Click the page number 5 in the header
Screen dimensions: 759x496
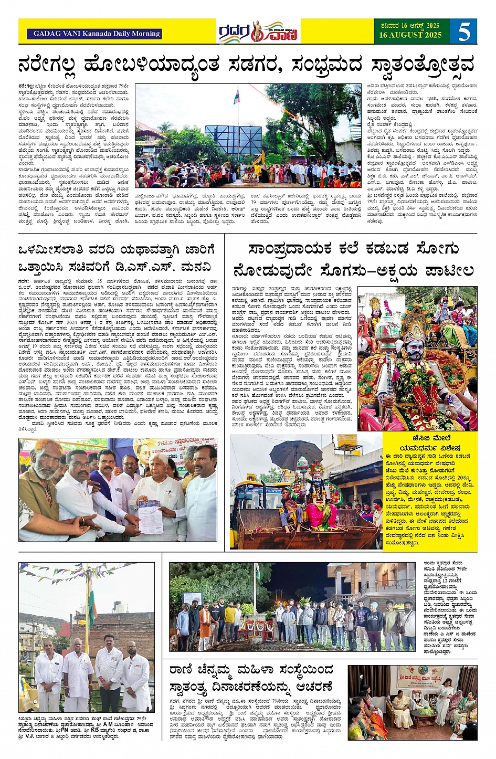(x=463, y=32)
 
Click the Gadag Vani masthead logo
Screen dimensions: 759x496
(x=258, y=32)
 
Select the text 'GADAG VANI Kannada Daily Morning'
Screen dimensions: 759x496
(x=97, y=34)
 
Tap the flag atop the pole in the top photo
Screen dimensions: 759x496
(x=237, y=95)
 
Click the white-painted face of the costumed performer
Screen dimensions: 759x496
(x=414, y=349)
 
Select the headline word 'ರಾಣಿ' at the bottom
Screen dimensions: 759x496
(x=183, y=670)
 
